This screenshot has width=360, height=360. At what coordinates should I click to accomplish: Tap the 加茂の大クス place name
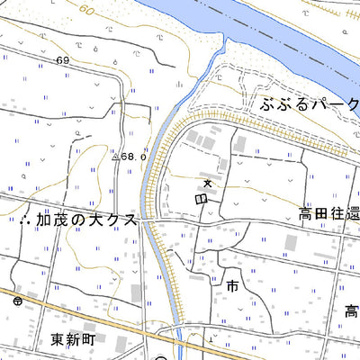(86, 220)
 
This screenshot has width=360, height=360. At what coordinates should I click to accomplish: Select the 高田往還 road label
(328, 215)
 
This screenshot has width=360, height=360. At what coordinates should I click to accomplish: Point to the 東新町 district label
(73, 339)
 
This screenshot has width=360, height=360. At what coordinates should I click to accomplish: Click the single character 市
(232, 287)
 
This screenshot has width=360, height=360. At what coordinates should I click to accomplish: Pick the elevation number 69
(61, 60)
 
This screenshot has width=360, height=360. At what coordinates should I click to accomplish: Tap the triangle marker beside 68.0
(115, 157)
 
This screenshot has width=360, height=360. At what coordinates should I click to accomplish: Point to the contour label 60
(85, 10)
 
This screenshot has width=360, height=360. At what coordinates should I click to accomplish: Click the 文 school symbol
(208, 184)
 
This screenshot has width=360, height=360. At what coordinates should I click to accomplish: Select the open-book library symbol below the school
(200, 198)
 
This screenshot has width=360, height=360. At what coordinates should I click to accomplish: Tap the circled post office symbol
(17, 302)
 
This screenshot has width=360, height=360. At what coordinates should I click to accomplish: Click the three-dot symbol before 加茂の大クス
(23, 220)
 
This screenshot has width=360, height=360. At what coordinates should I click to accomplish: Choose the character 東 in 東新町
(57, 339)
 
